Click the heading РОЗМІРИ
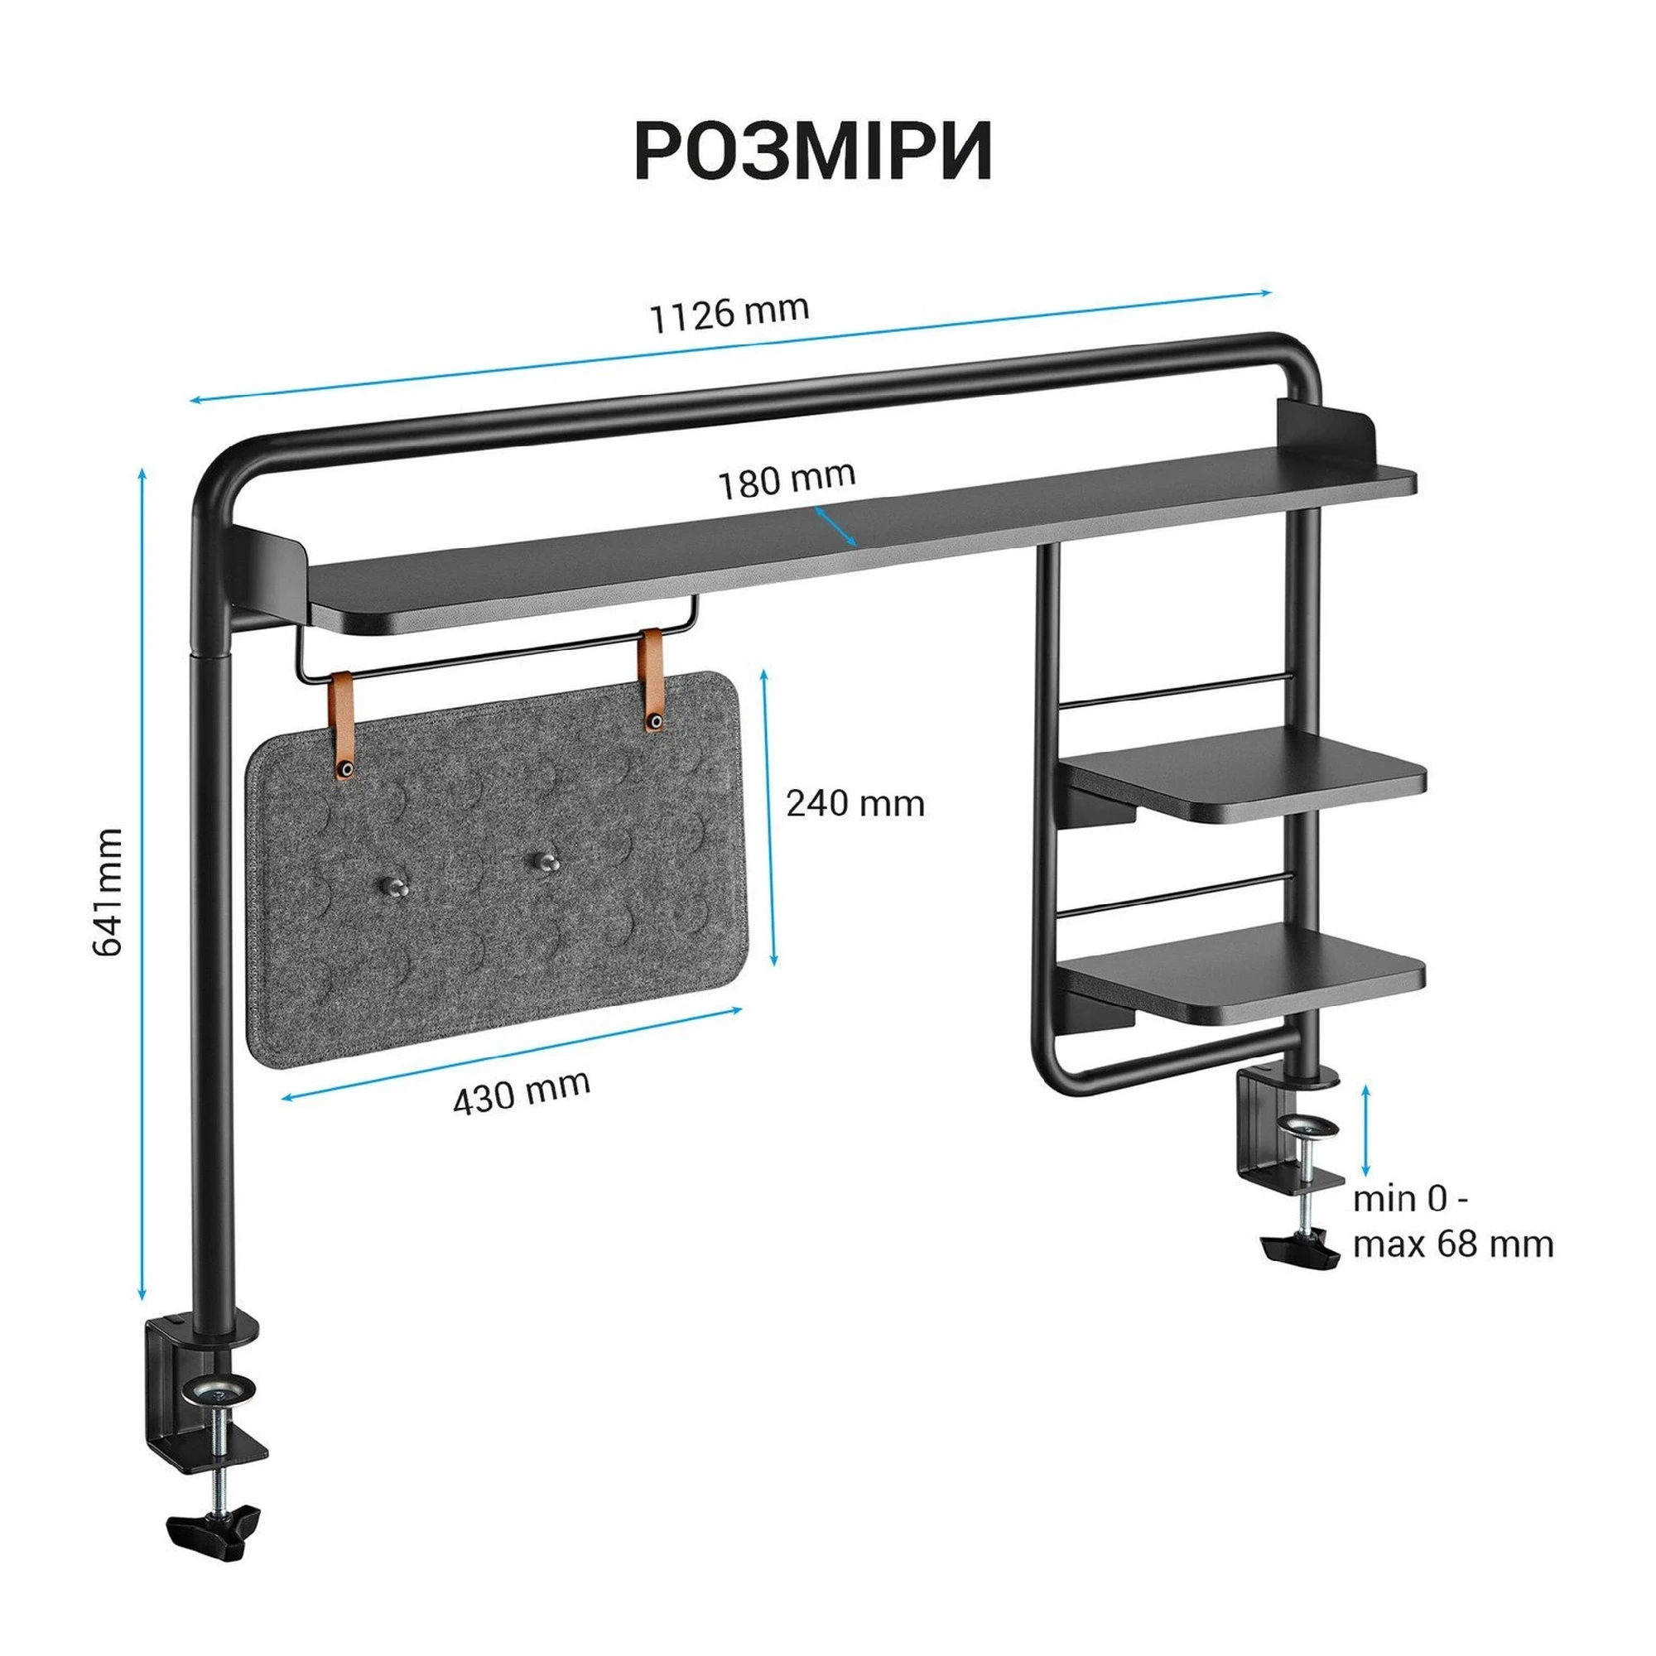pos(812,151)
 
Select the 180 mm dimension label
pos(786,480)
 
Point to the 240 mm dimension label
pos(855,803)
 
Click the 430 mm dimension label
pos(521,1092)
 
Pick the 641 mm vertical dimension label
pos(108,892)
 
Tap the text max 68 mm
pos(1453,1244)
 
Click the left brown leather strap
pos(344,724)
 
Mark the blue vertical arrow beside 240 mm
pos(770,819)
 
